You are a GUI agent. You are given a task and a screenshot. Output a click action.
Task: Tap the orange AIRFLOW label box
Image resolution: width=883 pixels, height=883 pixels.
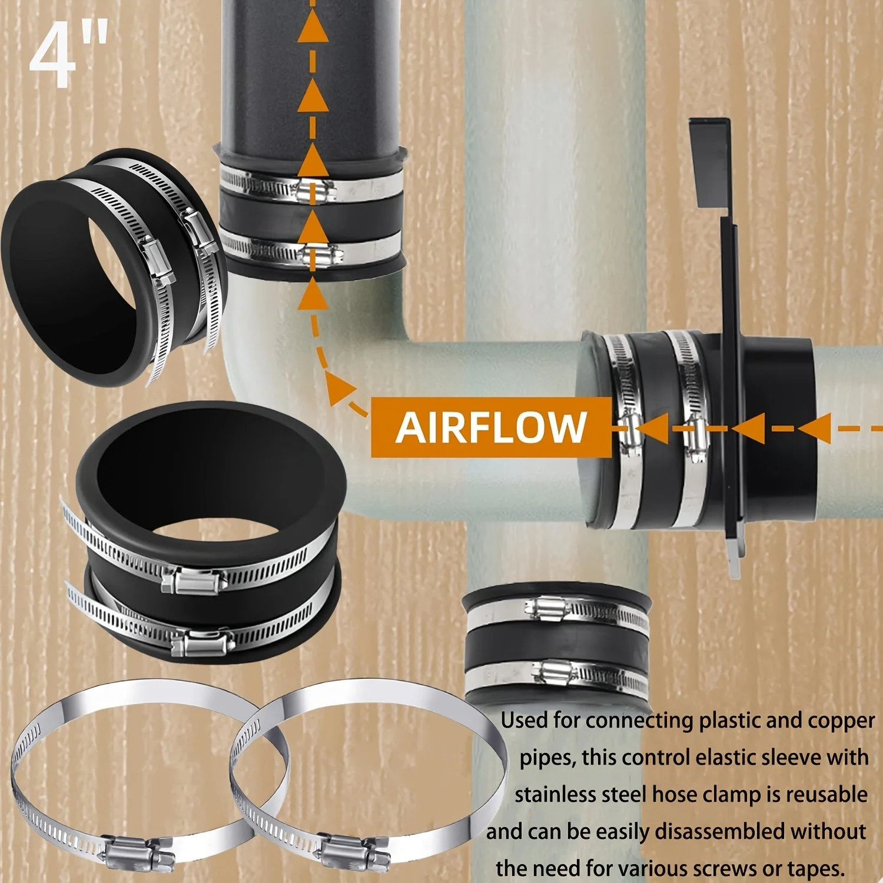[491, 427]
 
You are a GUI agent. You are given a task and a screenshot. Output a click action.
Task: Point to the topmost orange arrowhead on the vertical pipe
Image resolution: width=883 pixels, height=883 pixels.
[313, 27]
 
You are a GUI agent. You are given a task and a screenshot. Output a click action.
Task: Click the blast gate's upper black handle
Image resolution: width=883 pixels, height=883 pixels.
[710, 162]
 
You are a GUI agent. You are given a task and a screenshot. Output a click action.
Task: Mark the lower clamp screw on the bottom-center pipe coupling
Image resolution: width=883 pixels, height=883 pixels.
[555, 670]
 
